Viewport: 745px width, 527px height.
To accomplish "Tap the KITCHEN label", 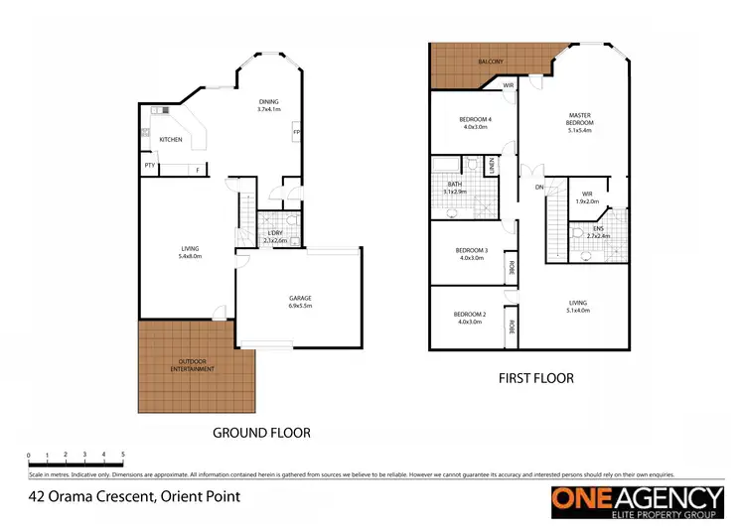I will pyautogui.click(x=170, y=140).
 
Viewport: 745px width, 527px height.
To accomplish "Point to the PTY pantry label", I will pyautogui.click(x=149, y=166).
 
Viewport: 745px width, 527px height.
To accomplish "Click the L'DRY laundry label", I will pyautogui.click(x=274, y=236).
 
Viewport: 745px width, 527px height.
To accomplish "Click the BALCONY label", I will pyautogui.click(x=490, y=62).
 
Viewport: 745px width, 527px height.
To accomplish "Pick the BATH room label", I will pyautogui.click(x=456, y=185).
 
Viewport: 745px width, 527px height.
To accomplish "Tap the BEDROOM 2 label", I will pyautogui.click(x=471, y=317).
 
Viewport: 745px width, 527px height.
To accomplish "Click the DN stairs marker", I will pyautogui.click(x=539, y=188).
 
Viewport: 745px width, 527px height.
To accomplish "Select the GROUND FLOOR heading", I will pyautogui.click(x=262, y=433).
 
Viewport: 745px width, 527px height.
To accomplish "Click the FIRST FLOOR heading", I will pyautogui.click(x=535, y=378).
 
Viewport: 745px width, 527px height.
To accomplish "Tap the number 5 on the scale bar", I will pyautogui.click(x=122, y=455).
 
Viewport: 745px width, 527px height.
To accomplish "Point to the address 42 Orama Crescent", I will pyautogui.click(x=134, y=496).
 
